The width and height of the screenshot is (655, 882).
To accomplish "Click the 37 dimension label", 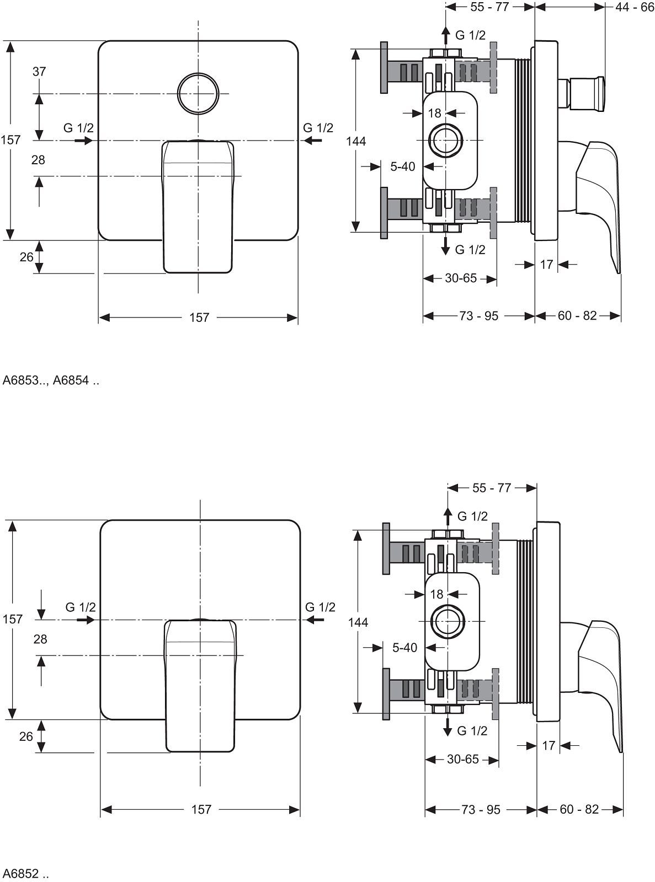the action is coord(39,72).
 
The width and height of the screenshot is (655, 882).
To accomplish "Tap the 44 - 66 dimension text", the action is coord(635,7).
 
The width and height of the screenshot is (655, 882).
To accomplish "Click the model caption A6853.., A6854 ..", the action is coord(51,380).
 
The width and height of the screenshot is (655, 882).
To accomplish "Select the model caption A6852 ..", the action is coord(25,874).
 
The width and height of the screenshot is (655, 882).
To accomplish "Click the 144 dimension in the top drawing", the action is coord(356,141).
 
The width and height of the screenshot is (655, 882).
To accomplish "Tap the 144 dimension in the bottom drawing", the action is coord(358,622).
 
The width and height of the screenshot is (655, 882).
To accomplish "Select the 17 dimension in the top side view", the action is coord(546,265).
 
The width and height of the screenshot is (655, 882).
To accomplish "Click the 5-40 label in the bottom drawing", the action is coord(404,648).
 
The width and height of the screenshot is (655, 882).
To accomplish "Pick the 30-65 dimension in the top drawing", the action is coord(461,278).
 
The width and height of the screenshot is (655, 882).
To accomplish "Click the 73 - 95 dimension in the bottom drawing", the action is coord(481,810).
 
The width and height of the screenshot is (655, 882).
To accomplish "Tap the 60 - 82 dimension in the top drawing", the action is coord(577,316).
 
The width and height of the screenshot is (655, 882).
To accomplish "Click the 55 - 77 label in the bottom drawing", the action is coord(492,488).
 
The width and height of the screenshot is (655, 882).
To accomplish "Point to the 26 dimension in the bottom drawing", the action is coord(26,737).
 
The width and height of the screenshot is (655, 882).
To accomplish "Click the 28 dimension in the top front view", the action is coord(38,160).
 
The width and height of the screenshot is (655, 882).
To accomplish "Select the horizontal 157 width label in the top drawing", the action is coord(199,318).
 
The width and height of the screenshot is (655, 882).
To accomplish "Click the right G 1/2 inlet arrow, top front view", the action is coord(313,141).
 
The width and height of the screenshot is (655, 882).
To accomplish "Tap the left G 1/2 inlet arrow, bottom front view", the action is coord(85,620).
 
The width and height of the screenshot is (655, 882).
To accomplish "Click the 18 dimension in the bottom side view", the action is coord(436,594).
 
